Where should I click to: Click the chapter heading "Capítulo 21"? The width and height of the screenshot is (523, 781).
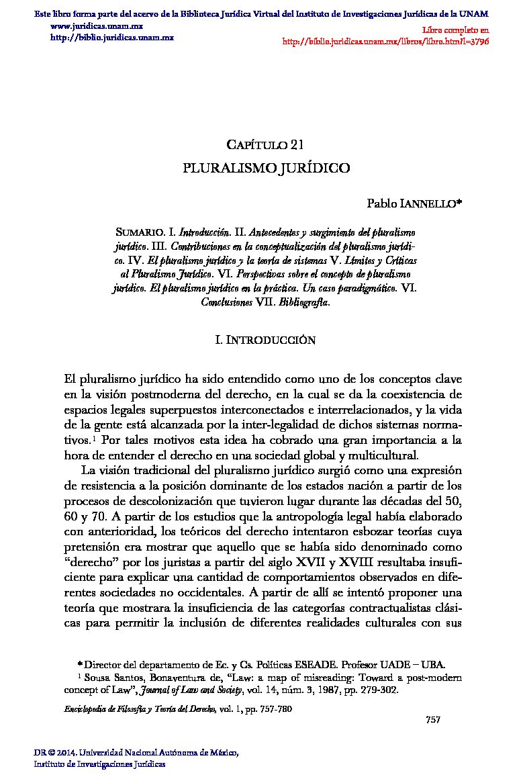pyautogui.click(x=267, y=144)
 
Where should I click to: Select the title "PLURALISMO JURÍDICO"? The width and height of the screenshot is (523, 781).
pyautogui.click(x=267, y=168)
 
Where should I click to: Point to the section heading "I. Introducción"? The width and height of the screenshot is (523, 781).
pyautogui.click(x=265, y=340)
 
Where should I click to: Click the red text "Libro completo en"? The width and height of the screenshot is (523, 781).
pyautogui.click(x=456, y=30)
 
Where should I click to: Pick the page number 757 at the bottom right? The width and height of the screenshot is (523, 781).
pyautogui.click(x=433, y=720)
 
